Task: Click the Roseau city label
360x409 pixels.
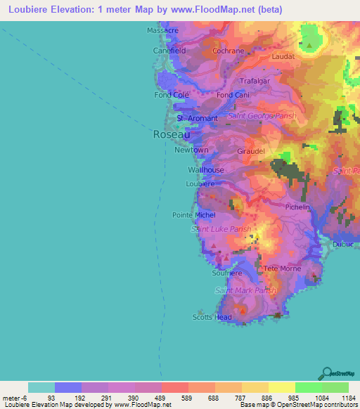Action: tap(171, 134)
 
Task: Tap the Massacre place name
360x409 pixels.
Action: tap(162, 32)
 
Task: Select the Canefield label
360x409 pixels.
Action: tap(169, 51)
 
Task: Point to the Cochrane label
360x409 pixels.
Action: tap(228, 51)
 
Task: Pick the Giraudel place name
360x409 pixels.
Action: tap(252, 151)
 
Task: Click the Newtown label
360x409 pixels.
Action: tap(191, 150)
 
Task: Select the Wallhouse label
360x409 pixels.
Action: tap(206, 170)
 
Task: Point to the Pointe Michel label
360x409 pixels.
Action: tap(194, 214)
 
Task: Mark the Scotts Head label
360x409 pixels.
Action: tap(212, 317)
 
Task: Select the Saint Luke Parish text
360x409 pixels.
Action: tap(221, 229)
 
